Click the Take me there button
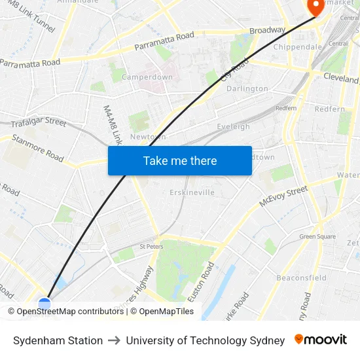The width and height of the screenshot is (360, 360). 180,161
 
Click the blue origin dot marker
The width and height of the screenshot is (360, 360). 45,304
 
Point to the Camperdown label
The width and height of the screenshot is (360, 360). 147,77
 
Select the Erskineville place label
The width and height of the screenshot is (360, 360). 192,192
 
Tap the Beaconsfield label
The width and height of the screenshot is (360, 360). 301,278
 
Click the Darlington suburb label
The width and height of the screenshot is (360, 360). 247,88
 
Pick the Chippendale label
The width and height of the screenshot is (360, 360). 297,47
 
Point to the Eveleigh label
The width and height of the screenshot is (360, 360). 233,126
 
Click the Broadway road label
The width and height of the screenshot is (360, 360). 267,30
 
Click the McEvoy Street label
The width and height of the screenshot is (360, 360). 283,196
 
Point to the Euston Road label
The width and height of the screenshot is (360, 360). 200,282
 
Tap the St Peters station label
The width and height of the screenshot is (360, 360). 151,246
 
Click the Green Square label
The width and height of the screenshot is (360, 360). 317,236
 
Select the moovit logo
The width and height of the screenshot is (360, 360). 321,340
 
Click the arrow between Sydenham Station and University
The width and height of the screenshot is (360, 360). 114,340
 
